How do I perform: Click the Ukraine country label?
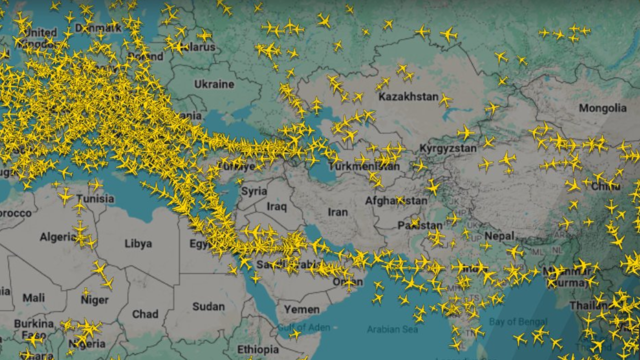(214, 84)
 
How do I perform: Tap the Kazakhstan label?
(408, 96)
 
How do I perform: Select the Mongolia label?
(602, 108)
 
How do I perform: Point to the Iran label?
(337, 212)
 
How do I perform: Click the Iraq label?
(276, 206)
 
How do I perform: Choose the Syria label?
(254, 190)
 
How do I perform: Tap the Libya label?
(138, 243)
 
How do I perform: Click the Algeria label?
(57, 236)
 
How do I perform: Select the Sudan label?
(208, 306)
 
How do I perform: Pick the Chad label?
(145, 314)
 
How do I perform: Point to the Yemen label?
(301, 309)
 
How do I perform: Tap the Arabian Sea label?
(392, 329)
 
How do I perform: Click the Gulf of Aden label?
(303, 327)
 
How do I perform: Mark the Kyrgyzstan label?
(448, 148)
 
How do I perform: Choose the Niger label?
(94, 299)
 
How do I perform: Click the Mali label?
(33, 298)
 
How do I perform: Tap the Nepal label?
(499, 236)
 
